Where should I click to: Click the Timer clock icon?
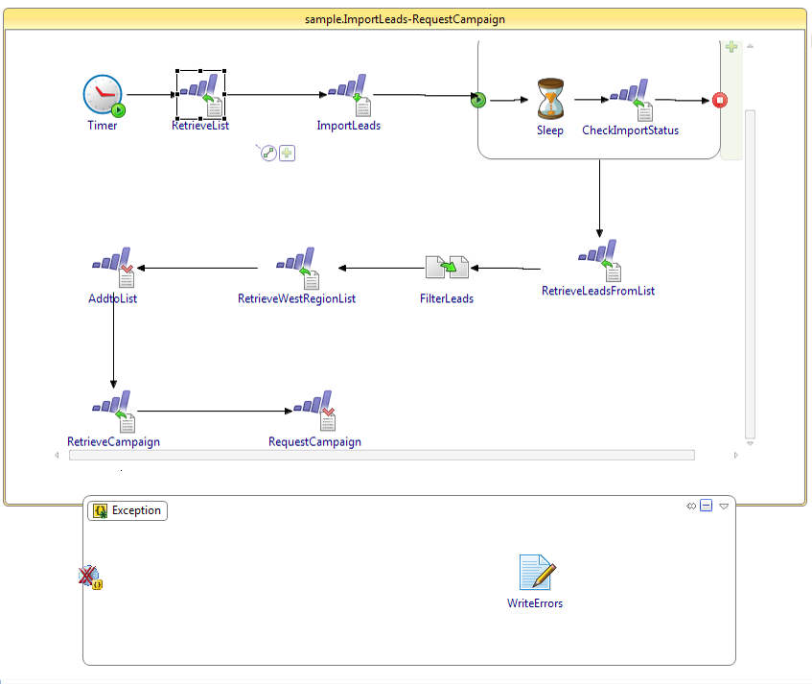click(103, 95)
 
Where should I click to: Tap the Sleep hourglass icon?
click(550, 99)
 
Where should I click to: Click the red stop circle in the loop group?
click(720, 100)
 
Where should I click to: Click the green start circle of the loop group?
click(478, 100)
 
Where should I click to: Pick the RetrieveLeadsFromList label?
click(598, 291)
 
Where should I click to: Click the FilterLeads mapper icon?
click(447, 269)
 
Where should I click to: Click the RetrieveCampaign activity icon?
click(113, 413)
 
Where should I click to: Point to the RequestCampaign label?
click(314, 442)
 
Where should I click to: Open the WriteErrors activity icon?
click(536, 573)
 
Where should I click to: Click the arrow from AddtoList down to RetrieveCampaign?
click(114, 345)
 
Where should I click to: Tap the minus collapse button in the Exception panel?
click(707, 506)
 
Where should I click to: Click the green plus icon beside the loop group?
click(731, 47)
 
